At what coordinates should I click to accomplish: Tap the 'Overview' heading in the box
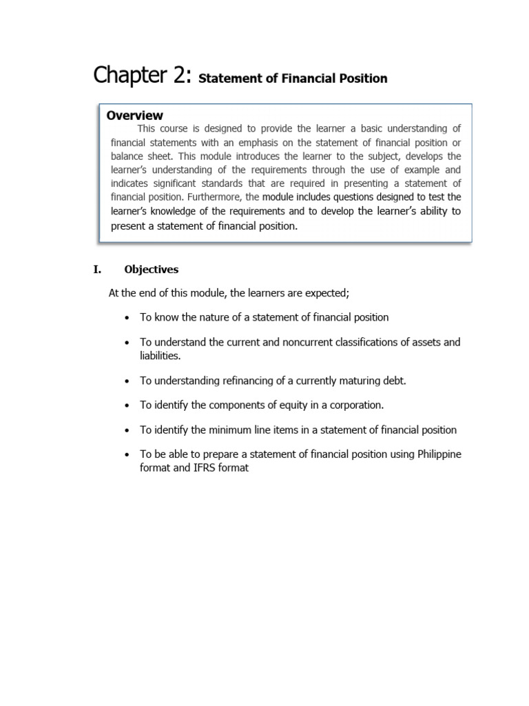click(x=135, y=115)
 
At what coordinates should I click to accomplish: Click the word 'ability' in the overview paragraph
click(x=432, y=211)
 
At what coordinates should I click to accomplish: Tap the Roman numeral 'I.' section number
click(x=97, y=270)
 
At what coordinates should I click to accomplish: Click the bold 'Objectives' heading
click(x=151, y=270)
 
